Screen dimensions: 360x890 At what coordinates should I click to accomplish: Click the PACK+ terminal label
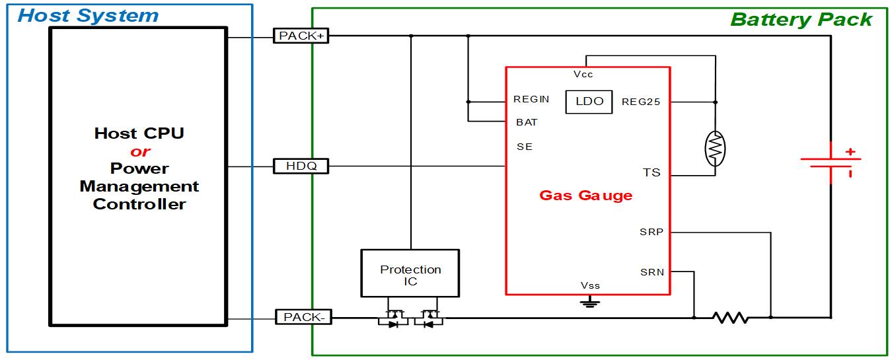301,36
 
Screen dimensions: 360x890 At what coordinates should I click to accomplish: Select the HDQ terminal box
301,166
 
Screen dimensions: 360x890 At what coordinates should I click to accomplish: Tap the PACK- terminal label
303,317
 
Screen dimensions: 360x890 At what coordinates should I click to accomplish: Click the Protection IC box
410,273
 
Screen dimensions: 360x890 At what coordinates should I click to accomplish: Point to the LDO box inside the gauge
589,101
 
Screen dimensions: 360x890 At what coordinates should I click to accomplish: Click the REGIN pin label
531,100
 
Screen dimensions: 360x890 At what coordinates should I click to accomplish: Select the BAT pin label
527,122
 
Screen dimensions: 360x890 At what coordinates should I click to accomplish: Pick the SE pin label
525,147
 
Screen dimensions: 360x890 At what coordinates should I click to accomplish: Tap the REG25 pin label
641,102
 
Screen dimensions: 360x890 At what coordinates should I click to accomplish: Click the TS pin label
651,172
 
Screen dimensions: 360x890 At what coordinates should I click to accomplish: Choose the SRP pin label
651,232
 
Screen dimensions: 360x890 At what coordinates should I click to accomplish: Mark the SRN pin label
652,271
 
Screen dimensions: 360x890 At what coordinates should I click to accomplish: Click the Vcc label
583,75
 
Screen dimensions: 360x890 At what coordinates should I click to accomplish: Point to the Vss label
590,285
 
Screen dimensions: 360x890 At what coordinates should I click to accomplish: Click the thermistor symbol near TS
716,150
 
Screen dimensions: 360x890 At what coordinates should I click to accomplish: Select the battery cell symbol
831,161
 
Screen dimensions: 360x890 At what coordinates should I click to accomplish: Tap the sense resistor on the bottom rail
731,318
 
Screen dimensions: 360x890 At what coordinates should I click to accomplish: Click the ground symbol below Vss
589,303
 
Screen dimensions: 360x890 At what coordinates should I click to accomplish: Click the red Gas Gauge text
585,195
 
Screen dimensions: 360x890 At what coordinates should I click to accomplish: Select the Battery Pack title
801,19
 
